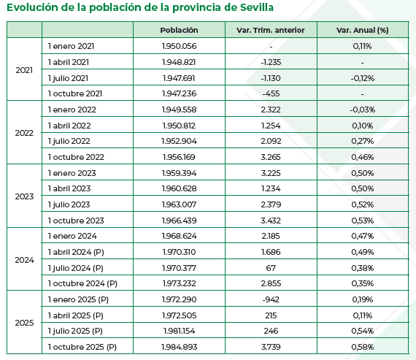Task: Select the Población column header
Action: pos(179,30)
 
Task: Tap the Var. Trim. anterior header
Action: pos(271,30)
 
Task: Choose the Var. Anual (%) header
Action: pos(362,30)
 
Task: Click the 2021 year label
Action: pos(25,70)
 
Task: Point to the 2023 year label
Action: pos(25,196)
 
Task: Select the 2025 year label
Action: pos(25,323)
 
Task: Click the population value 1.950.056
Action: pos(179,46)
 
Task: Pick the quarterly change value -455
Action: pos(271,93)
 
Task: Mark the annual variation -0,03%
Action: pos(362,110)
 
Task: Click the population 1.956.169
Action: pos(179,157)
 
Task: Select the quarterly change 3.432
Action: pos(271,220)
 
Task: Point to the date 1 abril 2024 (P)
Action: pos(78,252)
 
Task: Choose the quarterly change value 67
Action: pos(271,267)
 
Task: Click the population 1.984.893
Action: pos(179,347)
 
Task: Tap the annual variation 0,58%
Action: pos(362,347)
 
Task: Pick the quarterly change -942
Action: pos(271,299)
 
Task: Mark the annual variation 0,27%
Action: pos(362,141)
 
